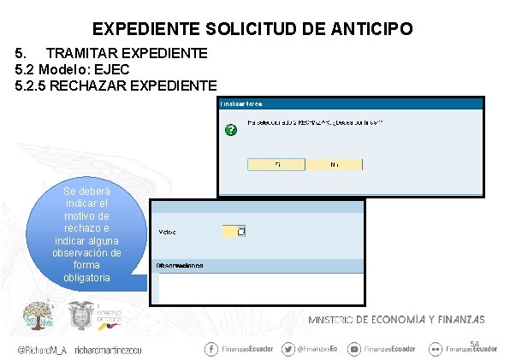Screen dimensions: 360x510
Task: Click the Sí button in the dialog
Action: pyautogui.click(x=276, y=163)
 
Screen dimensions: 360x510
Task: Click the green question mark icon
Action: pyautogui.click(x=229, y=131)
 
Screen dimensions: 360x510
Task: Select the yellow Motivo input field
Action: pyautogui.click(x=233, y=231)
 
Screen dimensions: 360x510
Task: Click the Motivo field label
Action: pyautogui.click(x=169, y=232)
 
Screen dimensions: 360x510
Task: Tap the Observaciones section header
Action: pyautogui.click(x=180, y=265)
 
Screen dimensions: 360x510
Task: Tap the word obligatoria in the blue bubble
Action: pyautogui.click(x=86, y=278)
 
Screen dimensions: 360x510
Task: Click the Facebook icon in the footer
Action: pyautogui.click(x=211, y=349)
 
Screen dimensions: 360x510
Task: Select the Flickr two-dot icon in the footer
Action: pyautogui.click(x=436, y=349)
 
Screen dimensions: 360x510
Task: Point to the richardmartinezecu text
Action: pyautogui.click(x=108, y=350)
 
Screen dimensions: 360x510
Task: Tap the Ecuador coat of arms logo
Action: pyautogui.click(x=81, y=318)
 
